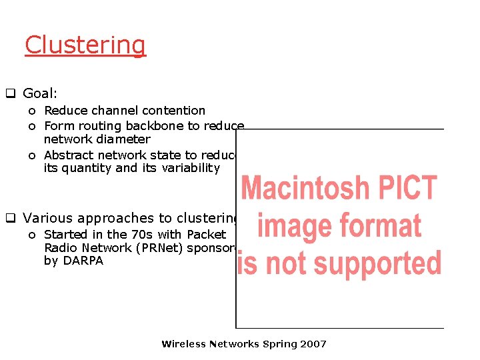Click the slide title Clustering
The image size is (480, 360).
pyautogui.click(x=85, y=45)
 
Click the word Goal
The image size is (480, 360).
pyautogui.click(x=38, y=94)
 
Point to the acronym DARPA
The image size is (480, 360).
pyautogui.click(x=83, y=261)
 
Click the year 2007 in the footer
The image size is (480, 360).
pyautogui.click(x=313, y=344)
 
